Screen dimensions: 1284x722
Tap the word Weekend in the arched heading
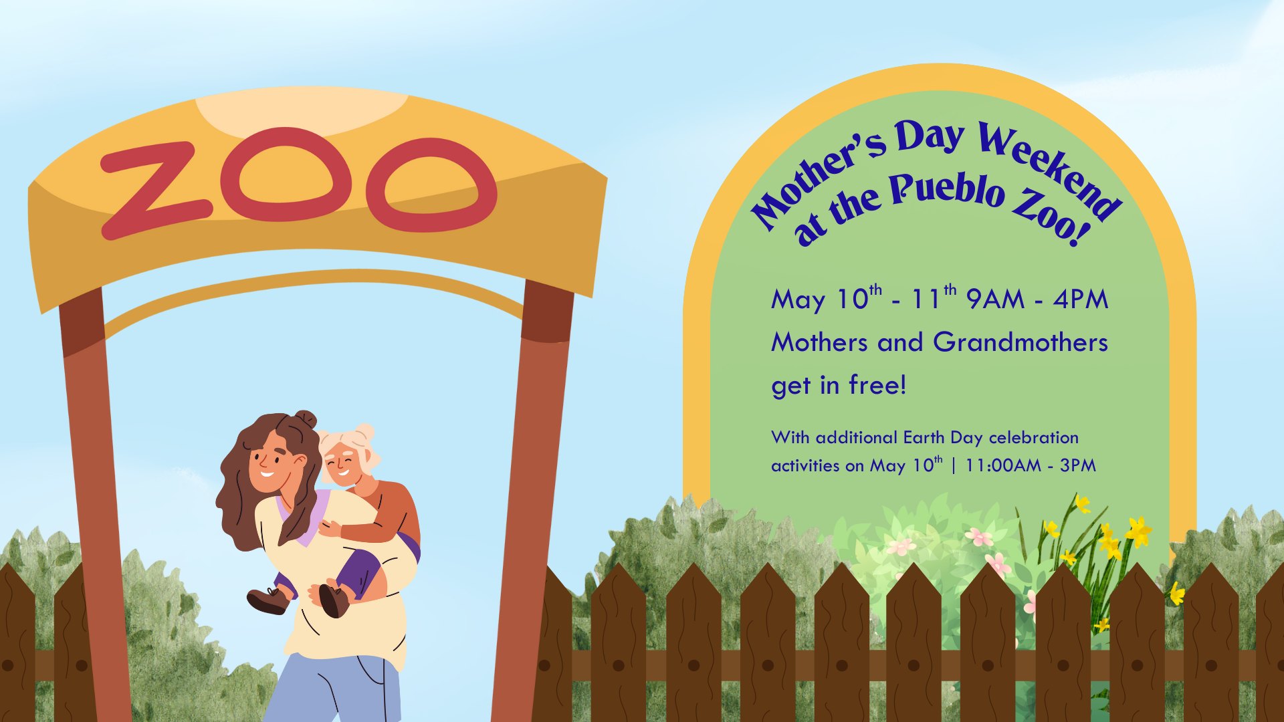click(x=1050, y=170)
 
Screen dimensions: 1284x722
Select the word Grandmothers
click(x=1021, y=342)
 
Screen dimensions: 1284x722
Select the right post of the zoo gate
click(x=532, y=501)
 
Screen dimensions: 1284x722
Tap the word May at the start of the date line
click(x=798, y=300)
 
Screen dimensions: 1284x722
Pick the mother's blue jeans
click(x=334, y=689)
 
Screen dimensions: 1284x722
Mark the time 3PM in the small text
click(x=1078, y=465)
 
